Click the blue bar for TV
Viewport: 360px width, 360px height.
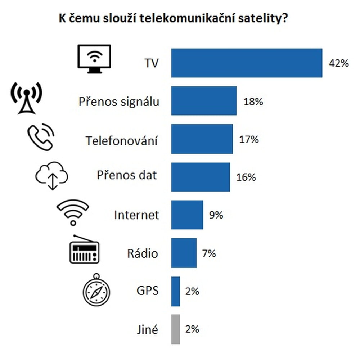tap(247, 63)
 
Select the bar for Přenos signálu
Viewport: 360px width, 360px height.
tap(204, 101)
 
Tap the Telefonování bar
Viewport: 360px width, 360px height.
tap(202, 139)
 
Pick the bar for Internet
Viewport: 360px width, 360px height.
tap(187, 215)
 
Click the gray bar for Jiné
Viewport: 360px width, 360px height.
tap(175, 329)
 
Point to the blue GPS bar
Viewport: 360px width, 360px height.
tap(175, 291)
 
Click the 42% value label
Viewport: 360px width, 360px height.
tap(338, 63)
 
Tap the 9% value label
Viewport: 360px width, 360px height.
tap(216, 215)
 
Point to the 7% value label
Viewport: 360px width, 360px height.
tap(209, 253)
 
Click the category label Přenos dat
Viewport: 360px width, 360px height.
tap(127, 175)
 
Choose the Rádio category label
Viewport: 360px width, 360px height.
tap(142, 253)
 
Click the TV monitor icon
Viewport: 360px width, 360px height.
tap(94, 59)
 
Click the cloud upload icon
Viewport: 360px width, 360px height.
tap(51, 175)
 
